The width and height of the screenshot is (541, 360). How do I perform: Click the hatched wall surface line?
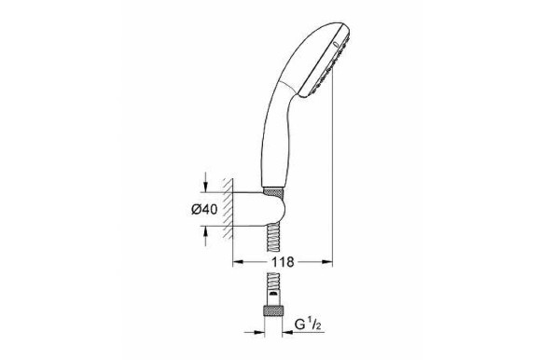coord(225,209)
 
